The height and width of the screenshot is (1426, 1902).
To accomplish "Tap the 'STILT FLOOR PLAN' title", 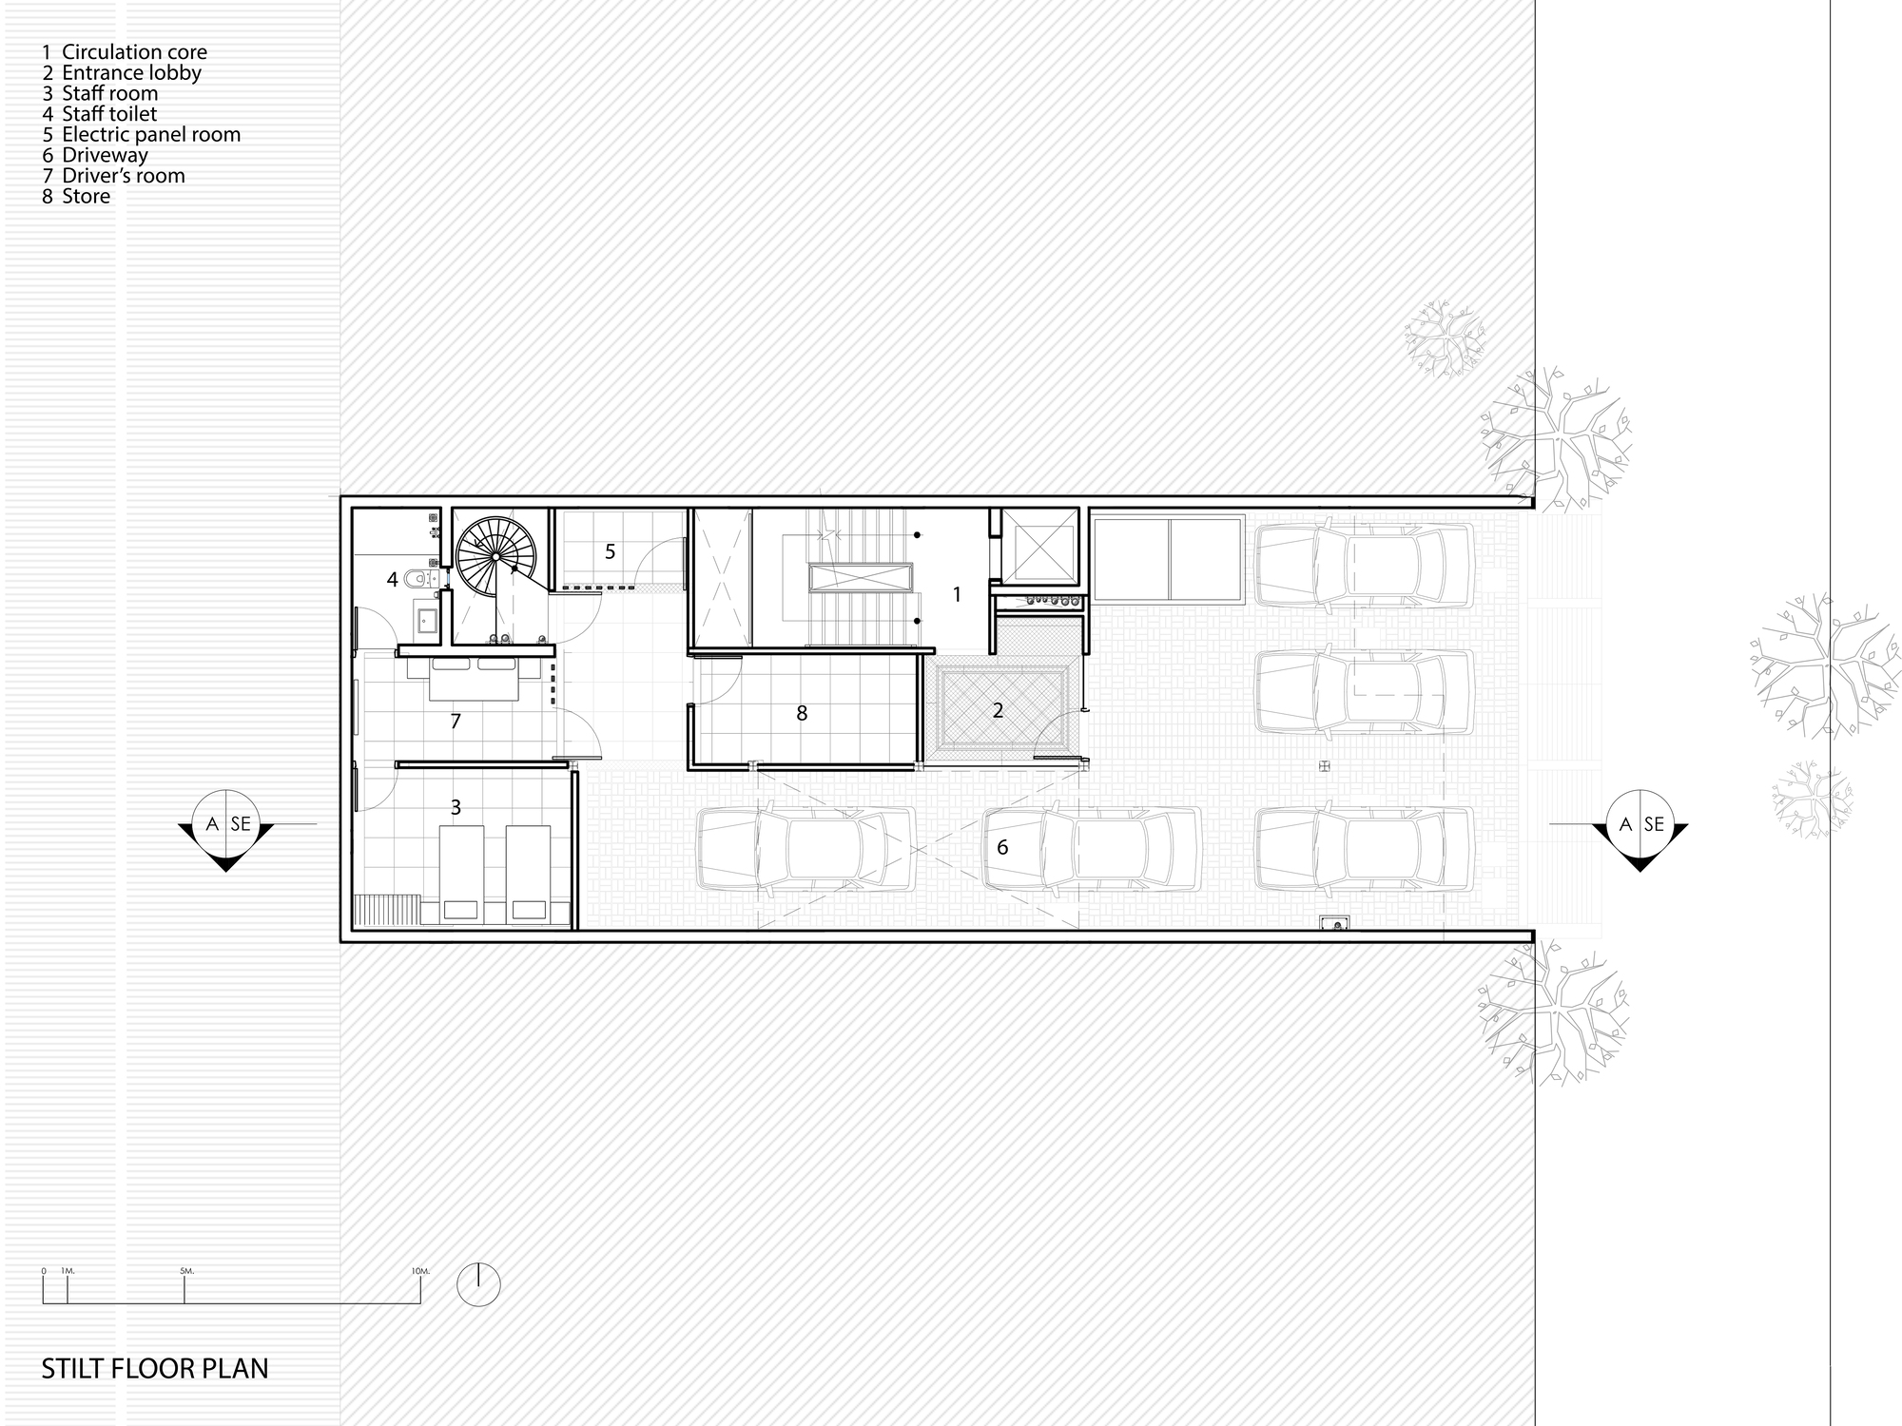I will [155, 1369].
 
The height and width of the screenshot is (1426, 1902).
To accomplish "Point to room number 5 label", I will [611, 551].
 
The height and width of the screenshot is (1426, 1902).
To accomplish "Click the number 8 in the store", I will [802, 713].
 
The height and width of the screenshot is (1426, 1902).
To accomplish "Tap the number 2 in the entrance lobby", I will [998, 710].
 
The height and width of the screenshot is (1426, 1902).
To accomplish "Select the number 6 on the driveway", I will [1002, 847].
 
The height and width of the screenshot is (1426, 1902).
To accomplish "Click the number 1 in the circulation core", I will [957, 595].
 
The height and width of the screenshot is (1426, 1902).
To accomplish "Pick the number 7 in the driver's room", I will [456, 722].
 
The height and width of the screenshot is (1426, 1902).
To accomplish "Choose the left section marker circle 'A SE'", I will [225, 823].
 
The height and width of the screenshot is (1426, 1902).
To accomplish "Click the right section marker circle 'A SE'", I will [1640, 823].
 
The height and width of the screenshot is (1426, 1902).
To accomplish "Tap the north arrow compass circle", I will [478, 1284].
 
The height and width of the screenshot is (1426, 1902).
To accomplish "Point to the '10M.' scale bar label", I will [420, 1271].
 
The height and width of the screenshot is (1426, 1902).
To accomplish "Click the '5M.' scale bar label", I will [185, 1271].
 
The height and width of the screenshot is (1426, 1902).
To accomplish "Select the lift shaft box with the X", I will [1041, 547].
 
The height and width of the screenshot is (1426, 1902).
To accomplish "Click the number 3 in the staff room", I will [456, 807].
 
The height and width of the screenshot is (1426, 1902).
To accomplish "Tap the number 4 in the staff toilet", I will [392, 579].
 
